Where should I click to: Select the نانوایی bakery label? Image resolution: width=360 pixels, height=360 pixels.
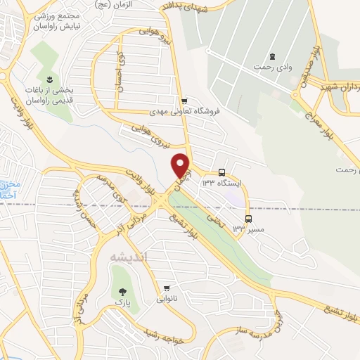coord(167,299)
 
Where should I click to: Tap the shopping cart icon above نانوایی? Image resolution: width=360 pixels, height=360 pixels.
coord(167,288)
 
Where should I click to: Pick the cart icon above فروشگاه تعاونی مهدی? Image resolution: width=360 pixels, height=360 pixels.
coord(184,101)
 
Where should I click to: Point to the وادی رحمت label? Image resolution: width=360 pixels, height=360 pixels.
coord(272,67)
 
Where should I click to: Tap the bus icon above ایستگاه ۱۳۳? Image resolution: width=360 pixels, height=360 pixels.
coord(222,172)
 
